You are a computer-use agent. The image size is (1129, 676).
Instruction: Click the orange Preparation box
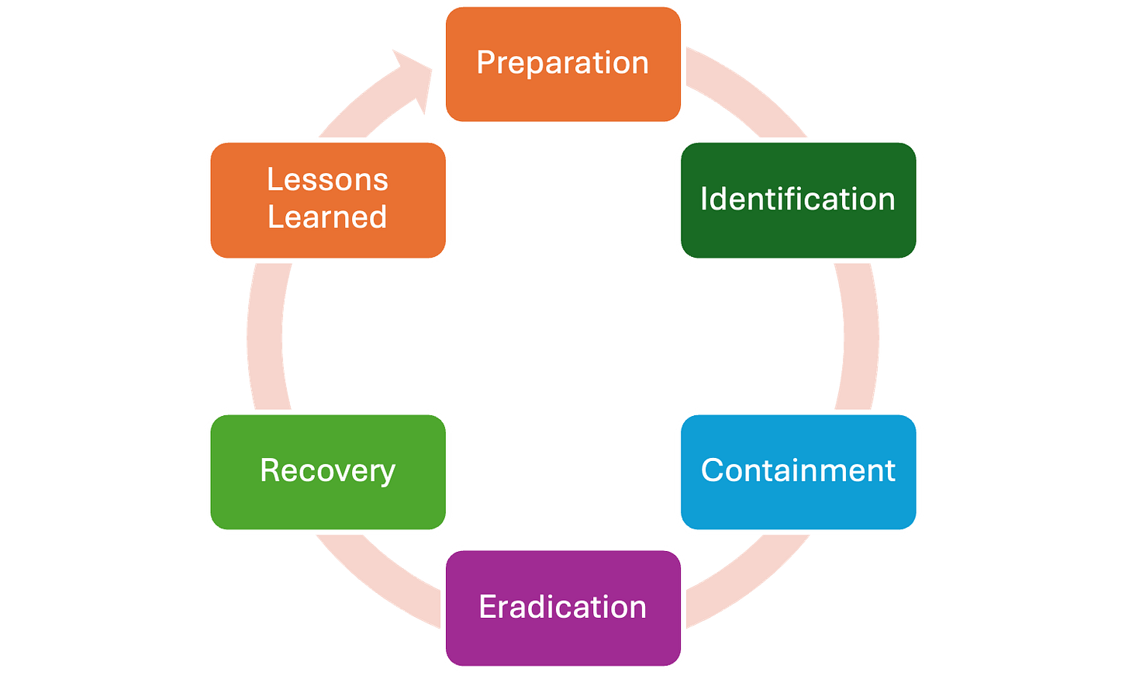pos(563,64)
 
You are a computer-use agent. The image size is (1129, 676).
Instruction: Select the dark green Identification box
pos(799,200)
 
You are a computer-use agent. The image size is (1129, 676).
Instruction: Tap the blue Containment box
pos(799,472)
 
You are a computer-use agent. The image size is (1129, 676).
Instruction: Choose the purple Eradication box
pos(563,608)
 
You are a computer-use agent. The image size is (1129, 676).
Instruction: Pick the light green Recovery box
pos(328,472)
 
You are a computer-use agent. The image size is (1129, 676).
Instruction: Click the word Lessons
pos(327,179)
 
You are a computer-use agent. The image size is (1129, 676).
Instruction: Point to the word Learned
pos(327,217)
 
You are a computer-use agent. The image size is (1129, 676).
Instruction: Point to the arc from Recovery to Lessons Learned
pos(264,337)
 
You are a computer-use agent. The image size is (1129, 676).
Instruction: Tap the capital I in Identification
pos(705,199)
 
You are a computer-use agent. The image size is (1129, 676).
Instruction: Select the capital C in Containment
pos(713,470)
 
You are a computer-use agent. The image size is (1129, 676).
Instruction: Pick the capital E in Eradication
pos(488,606)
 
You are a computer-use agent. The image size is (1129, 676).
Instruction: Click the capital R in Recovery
pos(271,470)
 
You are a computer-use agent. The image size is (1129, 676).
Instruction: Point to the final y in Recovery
pos(387,475)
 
